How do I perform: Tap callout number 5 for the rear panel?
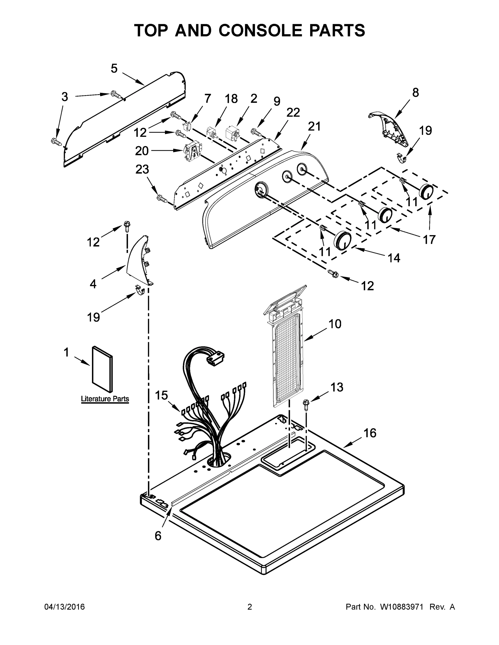[114, 69]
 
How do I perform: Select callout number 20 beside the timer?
[141, 151]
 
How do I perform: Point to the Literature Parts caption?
[105, 399]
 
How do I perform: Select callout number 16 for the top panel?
[370, 433]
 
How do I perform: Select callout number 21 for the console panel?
[314, 126]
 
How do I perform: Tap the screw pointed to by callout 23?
[161, 198]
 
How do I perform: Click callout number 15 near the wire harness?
[161, 395]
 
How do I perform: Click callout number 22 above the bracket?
[293, 113]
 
